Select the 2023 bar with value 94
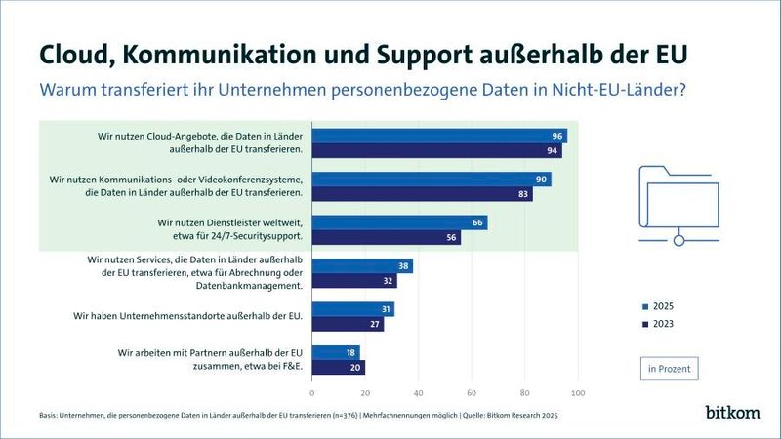436,151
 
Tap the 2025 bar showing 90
432,180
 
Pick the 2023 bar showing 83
422,194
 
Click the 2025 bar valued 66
399,223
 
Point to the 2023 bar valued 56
386,238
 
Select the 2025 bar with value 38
362,266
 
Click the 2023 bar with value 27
348,324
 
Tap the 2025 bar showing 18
336,352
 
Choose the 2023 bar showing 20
338,367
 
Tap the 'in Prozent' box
669,369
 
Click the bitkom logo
732,412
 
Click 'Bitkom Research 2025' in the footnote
523,415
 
